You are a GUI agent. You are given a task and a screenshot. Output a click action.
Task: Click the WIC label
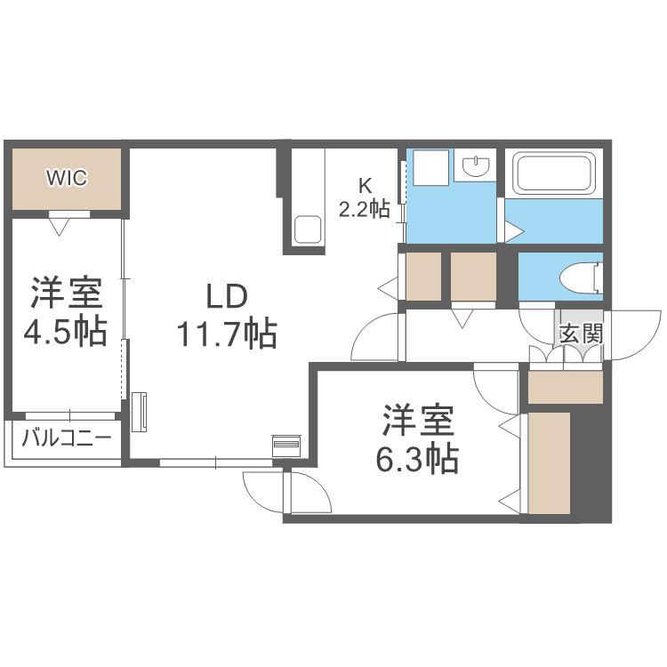pyautogui.click(x=67, y=178)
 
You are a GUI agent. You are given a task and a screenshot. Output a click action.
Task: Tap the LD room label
pyautogui.click(x=227, y=297)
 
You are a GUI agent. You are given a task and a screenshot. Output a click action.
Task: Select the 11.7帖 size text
pyautogui.click(x=227, y=333)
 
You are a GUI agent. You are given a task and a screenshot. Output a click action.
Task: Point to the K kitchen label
pyautogui.click(x=366, y=186)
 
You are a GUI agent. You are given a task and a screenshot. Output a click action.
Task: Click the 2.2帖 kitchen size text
pyautogui.click(x=364, y=209)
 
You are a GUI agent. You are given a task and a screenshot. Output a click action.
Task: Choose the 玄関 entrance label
pyautogui.click(x=582, y=333)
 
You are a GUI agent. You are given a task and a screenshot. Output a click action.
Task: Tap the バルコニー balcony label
pyautogui.click(x=67, y=438)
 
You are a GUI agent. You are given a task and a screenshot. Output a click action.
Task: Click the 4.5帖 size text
pyautogui.click(x=65, y=332)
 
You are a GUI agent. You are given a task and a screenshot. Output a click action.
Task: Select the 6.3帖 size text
pyautogui.click(x=417, y=460)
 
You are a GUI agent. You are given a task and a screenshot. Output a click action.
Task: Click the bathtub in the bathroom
pyautogui.click(x=553, y=173)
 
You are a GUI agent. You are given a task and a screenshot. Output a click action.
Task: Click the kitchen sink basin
pyautogui.click(x=308, y=229)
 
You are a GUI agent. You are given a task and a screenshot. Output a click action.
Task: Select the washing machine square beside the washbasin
pyautogui.click(x=431, y=167)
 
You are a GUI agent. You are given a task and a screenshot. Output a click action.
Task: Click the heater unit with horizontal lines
pyautogui.click(x=287, y=445)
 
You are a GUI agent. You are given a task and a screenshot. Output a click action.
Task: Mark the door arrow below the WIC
pyautogui.click(x=59, y=226)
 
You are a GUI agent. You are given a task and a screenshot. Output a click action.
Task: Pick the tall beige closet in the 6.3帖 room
pyautogui.click(x=549, y=462)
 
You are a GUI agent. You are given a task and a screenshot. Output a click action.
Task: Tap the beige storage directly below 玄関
pyautogui.click(x=566, y=387)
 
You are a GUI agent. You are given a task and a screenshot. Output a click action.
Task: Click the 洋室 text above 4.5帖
pyautogui.click(x=67, y=293)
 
